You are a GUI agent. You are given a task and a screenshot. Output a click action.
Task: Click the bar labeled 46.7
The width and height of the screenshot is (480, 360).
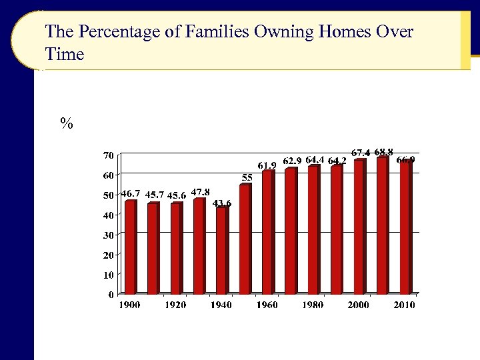(131, 247)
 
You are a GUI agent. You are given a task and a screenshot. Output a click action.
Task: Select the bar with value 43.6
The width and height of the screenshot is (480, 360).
(221, 250)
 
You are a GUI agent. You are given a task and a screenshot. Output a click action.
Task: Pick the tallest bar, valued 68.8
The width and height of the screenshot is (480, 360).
(382, 225)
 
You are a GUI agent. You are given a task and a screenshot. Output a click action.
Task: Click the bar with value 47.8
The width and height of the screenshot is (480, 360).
(199, 246)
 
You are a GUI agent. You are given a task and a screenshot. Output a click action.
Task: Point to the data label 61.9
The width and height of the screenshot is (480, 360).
(267, 165)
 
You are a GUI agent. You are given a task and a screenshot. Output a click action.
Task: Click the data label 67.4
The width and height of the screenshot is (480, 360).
(361, 153)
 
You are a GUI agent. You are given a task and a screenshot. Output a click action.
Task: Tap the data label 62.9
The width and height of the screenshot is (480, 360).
(292, 160)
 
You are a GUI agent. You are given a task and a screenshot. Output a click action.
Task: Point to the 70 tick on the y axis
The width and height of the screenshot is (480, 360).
(107, 155)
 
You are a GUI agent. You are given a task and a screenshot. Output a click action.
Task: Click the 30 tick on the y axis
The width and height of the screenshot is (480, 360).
(107, 235)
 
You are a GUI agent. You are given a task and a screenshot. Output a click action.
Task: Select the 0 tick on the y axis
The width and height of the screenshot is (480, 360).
(109, 294)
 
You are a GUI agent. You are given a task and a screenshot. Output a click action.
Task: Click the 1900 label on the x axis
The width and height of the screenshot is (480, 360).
(130, 305)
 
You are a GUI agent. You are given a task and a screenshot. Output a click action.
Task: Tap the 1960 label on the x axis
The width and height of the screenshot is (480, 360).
(267, 305)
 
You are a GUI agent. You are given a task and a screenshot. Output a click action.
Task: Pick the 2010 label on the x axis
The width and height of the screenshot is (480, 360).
(404, 305)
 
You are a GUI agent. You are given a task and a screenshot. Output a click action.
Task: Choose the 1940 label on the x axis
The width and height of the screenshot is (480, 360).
(221, 305)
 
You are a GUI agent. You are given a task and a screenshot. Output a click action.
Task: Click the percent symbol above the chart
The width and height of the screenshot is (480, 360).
(66, 123)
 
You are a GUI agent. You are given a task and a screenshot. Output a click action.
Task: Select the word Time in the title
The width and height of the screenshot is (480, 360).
(65, 54)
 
